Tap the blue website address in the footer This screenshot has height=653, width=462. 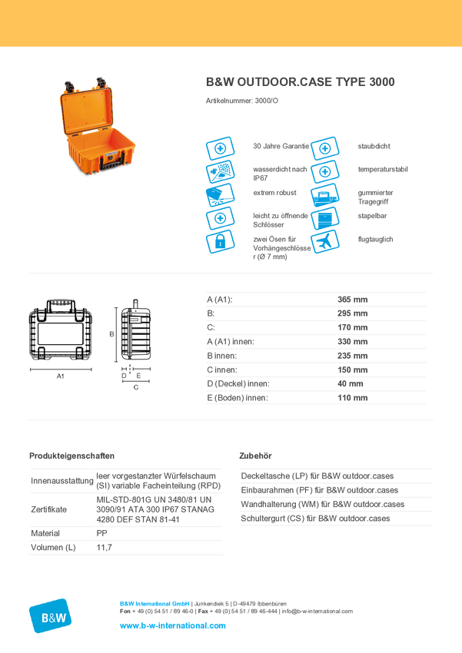(173, 625)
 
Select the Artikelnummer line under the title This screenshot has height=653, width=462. (241, 101)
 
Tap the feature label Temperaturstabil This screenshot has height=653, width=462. (382, 168)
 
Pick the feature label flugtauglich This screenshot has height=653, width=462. (376, 240)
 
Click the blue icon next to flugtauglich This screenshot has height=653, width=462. (325, 241)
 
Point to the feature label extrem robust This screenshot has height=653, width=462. (273, 192)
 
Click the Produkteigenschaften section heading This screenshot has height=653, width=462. (72, 455)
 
